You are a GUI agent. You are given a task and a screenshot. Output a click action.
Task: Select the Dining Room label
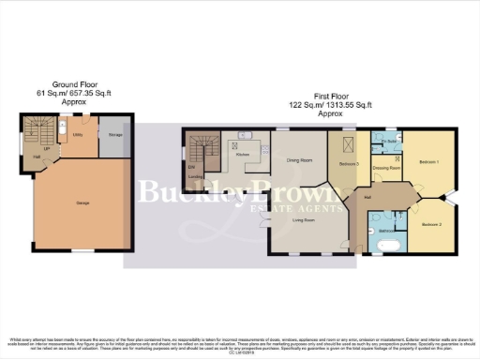[299, 160]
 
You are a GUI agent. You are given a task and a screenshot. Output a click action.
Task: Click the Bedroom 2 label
[430, 225]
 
